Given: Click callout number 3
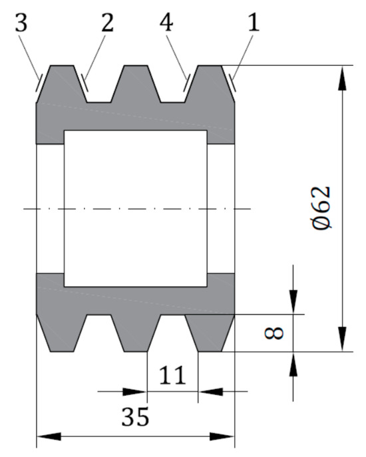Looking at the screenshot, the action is pyautogui.click(x=21, y=23).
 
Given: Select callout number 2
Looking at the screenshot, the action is pyautogui.click(x=108, y=23).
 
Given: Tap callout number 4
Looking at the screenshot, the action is pyautogui.click(x=166, y=23).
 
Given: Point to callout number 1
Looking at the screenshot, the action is pyautogui.click(x=254, y=23).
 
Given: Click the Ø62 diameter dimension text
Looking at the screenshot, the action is pyautogui.click(x=321, y=208).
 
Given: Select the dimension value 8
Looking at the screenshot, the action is pyautogui.click(x=274, y=333).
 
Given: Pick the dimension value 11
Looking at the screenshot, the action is pyautogui.click(x=172, y=375).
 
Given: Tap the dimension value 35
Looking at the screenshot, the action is pyautogui.click(x=135, y=417).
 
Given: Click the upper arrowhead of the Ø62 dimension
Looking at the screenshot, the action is pyautogui.click(x=343, y=78).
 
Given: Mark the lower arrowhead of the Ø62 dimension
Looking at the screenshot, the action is pyautogui.click(x=343, y=339).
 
